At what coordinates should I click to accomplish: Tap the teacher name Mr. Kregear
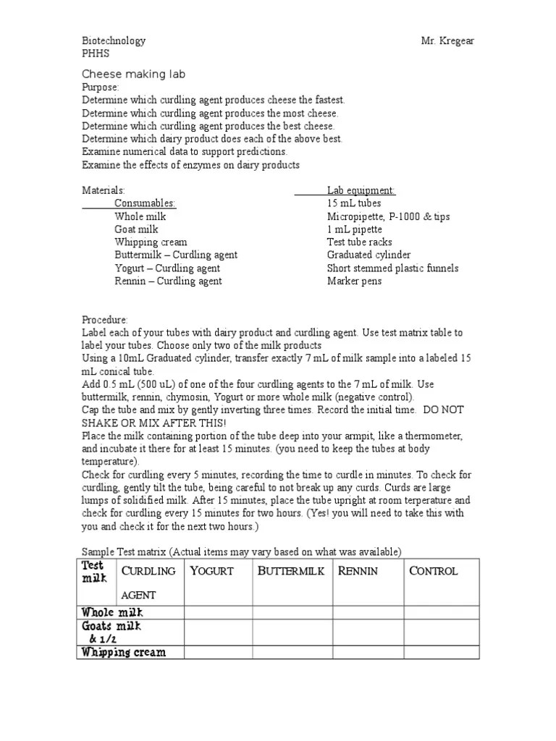[448, 41]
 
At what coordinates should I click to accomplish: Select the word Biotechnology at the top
[114, 41]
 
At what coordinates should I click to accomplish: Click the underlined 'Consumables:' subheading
[145, 203]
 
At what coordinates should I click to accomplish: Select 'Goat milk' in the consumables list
[136, 229]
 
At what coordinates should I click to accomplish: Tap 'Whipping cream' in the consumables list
[151, 242]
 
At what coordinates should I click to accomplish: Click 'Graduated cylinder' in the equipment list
[368, 255]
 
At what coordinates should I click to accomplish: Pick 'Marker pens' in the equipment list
[354, 281]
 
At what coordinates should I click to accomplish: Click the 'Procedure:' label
[105, 320]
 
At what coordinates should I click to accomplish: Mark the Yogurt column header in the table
[211, 571]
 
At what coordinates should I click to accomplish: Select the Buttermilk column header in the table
[291, 571]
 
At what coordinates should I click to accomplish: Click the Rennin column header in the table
[358, 571]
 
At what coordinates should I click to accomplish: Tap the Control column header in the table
[433, 571]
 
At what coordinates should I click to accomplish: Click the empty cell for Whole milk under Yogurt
[218, 613]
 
